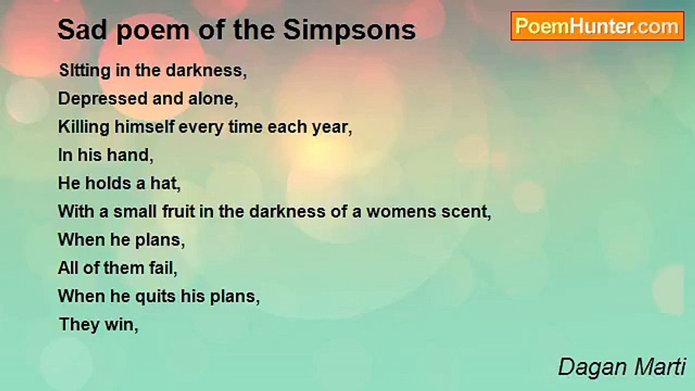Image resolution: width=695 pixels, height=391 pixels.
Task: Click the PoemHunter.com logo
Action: (x=597, y=26)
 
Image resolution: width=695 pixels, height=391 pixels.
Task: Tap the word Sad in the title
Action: (x=79, y=30)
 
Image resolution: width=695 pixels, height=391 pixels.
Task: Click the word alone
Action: (x=214, y=99)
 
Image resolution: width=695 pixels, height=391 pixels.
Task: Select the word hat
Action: (x=163, y=184)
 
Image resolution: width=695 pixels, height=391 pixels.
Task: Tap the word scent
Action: (x=468, y=212)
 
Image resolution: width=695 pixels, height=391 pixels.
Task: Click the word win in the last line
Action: (x=124, y=325)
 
